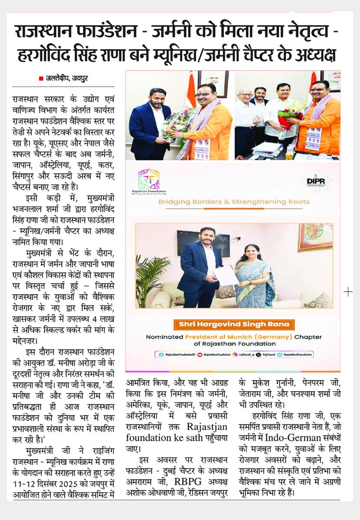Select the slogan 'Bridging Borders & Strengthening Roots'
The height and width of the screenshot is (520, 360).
(233, 201)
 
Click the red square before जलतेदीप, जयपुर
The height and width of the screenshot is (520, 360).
(41, 78)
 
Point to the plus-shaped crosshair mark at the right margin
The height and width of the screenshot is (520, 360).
(348, 292)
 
